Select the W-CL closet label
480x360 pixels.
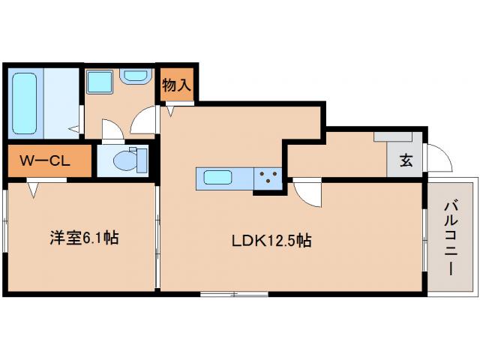45,160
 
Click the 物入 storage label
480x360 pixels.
176,85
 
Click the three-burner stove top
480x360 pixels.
268,179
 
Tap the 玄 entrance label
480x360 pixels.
406,160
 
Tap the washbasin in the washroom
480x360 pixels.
136,76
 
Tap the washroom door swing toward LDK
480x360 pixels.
144,120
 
